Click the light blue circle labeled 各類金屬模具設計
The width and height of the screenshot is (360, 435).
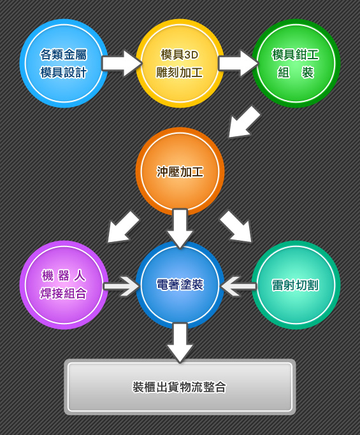click(64, 63)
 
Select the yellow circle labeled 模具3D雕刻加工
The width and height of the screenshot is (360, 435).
click(180, 63)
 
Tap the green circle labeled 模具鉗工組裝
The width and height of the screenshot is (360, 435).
click(296, 63)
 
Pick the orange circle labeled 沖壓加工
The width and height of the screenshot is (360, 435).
click(180, 171)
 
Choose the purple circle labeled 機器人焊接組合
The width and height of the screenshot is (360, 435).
click(64, 285)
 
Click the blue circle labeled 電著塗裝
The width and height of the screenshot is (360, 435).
click(180, 285)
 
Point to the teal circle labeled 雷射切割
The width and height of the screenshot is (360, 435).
click(296, 285)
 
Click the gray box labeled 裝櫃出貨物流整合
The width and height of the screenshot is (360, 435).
click(180, 387)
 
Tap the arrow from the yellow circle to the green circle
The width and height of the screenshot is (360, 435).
click(238, 63)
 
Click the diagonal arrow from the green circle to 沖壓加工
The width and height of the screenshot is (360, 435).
click(244, 122)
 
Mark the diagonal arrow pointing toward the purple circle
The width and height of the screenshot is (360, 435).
click(123, 227)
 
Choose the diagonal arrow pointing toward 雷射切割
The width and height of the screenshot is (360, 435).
click(236, 226)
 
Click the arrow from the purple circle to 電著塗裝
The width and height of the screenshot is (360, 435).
click(122, 286)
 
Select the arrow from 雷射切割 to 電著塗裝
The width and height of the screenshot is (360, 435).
click(238, 286)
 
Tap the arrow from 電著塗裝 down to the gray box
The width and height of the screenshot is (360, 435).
click(180, 343)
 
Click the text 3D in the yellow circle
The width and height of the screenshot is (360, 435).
click(192, 55)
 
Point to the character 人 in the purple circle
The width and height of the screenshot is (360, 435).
click(80, 276)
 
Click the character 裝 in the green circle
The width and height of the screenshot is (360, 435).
click(308, 73)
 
